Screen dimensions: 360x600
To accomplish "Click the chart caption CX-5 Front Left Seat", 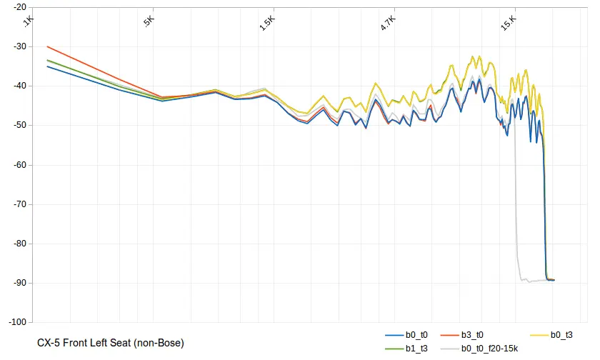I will point(111,344).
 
